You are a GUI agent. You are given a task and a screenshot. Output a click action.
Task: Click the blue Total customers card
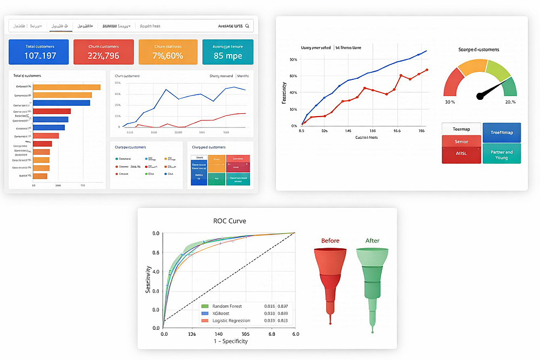point(39,52)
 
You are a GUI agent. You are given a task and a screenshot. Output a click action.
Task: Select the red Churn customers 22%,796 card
point(103,52)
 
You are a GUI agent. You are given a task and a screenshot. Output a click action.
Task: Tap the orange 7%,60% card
point(167,52)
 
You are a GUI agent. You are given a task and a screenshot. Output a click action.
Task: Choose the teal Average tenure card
point(227,52)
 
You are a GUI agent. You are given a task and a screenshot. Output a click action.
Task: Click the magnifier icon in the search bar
point(247,25)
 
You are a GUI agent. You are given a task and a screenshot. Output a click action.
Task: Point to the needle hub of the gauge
point(480,96)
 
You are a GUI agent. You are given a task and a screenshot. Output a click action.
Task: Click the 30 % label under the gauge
point(449,102)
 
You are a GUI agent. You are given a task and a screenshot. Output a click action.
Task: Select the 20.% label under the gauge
point(510,102)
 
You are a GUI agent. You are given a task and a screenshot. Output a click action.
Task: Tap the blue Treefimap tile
point(502,133)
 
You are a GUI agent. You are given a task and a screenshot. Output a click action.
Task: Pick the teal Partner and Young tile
point(502,154)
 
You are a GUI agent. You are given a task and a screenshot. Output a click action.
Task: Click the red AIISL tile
point(461,154)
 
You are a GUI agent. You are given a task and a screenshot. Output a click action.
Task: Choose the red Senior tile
point(461,141)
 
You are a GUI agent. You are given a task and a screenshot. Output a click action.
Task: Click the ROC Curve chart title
point(229,221)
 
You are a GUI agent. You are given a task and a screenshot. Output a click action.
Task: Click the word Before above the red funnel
point(330,241)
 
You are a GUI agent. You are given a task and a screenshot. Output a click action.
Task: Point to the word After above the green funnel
point(372,241)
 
